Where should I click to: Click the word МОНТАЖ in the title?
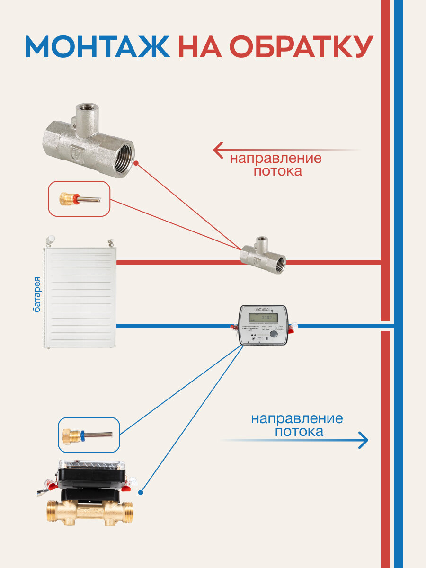(97, 47)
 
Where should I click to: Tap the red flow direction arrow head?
(218, 150)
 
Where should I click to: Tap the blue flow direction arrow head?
(363, 440)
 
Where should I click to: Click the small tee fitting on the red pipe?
(262, 256)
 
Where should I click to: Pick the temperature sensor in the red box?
(79, 198)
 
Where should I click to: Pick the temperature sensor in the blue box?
(89, 435)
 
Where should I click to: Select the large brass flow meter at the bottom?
(90, 512)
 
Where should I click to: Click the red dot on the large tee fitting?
(136, 163)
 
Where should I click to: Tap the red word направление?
(275, 158)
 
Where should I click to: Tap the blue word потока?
(299, 432)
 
